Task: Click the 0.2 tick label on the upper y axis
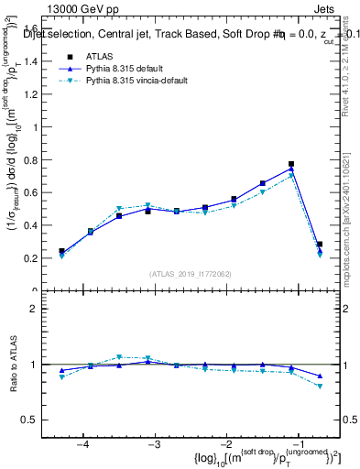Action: (38, 258)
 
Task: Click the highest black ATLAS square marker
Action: (291, 164)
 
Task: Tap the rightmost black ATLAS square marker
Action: (320, 245)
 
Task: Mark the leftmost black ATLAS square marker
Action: (61, 250)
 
